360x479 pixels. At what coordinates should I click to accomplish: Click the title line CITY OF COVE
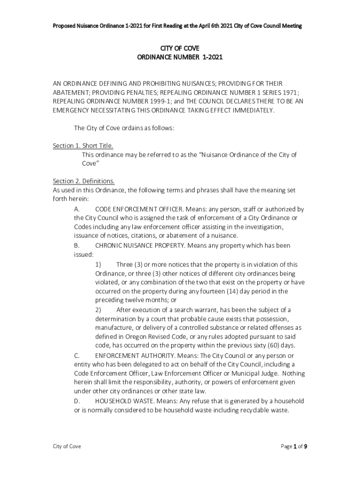coord(180,48)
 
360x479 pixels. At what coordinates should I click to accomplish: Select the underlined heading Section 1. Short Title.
coord(83,145)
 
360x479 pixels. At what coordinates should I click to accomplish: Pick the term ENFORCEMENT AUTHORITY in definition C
coord(130,355)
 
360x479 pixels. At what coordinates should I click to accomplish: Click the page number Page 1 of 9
coord(294,446)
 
